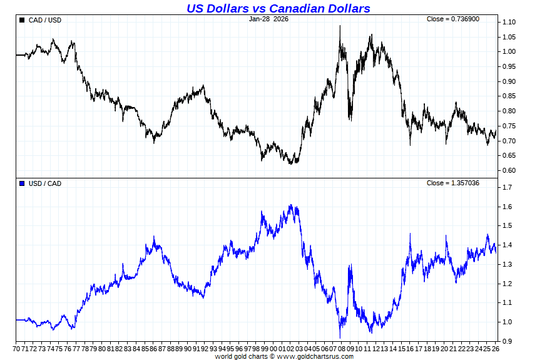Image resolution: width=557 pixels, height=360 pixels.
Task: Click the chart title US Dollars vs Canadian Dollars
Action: [x=278, y=8]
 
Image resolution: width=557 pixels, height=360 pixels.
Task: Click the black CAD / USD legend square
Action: [x=23, y=20]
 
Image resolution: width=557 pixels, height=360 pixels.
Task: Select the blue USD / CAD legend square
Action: [x=23, y=183]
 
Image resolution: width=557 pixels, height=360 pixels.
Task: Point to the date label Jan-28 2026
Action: [x=268, y=19]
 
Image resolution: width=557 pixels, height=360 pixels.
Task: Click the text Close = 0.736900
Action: [x=453, y=19]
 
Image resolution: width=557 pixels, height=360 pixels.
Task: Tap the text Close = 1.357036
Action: [x=453, y=183]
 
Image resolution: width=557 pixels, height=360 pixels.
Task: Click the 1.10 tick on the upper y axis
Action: [x=509, y=23]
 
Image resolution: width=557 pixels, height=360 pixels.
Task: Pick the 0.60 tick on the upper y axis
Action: [x=509, y=171]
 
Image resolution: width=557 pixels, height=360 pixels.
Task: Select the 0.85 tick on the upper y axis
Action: [x=509, y=96]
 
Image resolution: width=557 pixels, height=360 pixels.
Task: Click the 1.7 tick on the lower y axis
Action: [x=507, y=188]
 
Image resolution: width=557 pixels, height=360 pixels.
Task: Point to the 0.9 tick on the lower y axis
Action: [x=507, y=342]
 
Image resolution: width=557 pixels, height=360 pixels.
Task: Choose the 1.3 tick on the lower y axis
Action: [x=507, y=265]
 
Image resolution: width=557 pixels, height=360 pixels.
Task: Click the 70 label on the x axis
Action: [x=18, y=348]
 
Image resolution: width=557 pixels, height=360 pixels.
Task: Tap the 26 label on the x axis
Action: [x=496, y=348]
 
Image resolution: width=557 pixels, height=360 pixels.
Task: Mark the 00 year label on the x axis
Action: [x=273, y=348]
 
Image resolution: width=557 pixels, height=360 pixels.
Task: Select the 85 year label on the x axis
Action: [x=145, y=348]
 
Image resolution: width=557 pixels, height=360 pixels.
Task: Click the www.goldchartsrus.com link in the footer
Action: [x=315, y=356]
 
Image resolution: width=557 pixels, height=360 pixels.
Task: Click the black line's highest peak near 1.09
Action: [x=340, y=26]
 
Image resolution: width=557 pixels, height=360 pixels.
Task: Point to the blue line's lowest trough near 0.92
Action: [x=340, y=337]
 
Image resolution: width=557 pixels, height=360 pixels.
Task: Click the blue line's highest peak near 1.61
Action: [x=290, y=205]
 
